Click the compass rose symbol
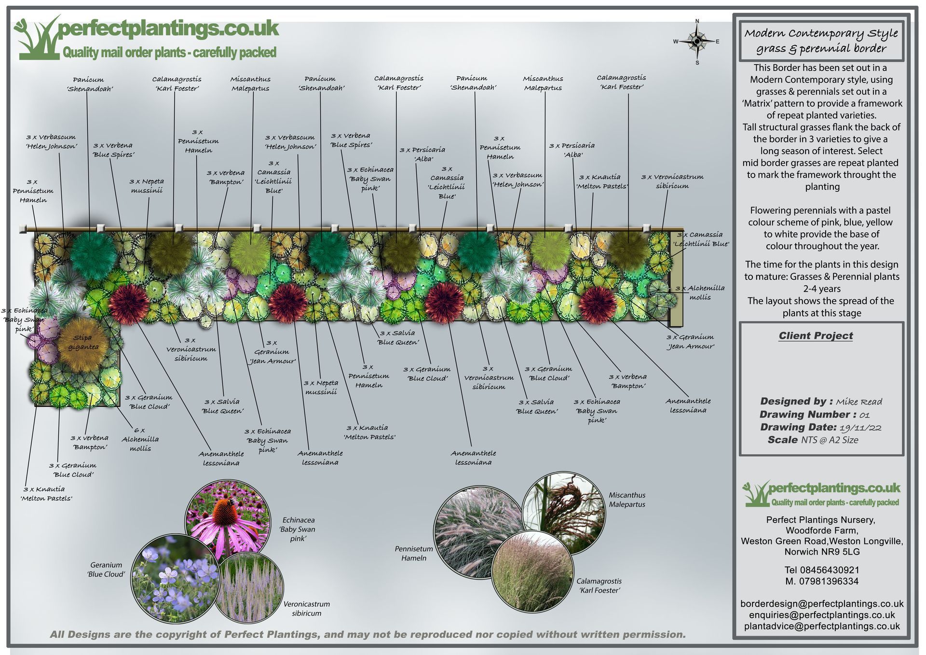pyautogui.click(x=697, y=42)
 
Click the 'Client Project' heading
pyautogui.click(x=816, y=336)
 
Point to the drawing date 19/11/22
pyautogui.click(x=860, y=427)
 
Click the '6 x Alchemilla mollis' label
pyautogui.click(x=140, y=439)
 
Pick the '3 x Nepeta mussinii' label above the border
pyautogui.click(x=147, y=186)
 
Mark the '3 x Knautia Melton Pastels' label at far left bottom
pyautogui.click(x=46, y=494)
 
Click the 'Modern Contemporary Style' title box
pyautogui.click(x=821, y=41)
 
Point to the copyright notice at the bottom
pyautogui.click(x=368, y=635)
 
